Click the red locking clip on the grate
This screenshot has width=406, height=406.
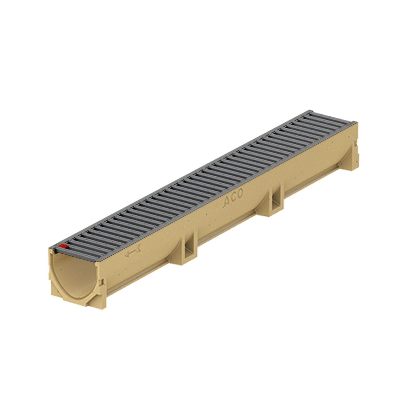click(63, 246)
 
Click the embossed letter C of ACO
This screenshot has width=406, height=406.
click(233, 197)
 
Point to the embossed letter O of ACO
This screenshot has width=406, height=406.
click(240, 193)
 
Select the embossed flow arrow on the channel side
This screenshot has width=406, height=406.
click(133, 251)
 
